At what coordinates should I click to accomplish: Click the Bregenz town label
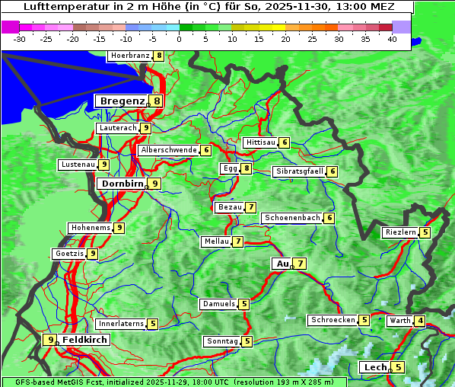(120, 101)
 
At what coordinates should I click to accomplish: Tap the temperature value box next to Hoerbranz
(158, 56)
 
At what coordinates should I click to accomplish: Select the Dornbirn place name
(120, 184)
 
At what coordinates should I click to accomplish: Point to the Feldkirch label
(85, 340)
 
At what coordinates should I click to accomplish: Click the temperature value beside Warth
(420, 321)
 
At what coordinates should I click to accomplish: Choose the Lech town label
(375, 367)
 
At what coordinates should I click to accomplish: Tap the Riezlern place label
(400, 232)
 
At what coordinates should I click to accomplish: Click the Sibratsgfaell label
(299, 171)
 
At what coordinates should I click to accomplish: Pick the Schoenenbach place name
(291, 218)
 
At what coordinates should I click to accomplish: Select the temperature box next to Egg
(247, 168)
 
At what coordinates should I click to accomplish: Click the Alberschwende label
(168, 150)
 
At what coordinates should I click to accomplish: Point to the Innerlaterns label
(120, 324)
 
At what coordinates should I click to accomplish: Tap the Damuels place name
(218, 304)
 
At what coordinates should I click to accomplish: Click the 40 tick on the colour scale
(392, 39)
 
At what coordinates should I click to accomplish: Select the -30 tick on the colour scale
(20, 39)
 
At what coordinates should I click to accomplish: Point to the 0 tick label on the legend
(180, 39)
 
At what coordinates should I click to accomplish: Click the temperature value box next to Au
(301, 264)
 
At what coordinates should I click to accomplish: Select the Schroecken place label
(332, 320)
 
